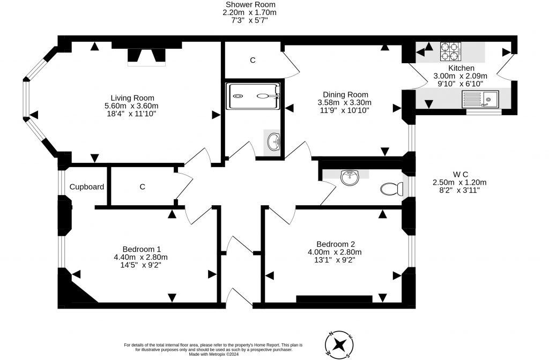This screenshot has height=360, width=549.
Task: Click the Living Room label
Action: [132, 98]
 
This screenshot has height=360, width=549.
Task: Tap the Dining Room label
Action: [345, 94]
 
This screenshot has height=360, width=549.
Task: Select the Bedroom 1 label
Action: [142, 249]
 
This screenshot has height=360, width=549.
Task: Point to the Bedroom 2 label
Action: [335, 244]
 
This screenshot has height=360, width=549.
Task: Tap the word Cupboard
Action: [86, 187]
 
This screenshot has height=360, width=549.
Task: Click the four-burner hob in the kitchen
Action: [450, 51]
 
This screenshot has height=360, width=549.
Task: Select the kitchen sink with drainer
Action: [480, 99]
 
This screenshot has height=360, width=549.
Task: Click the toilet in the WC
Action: [391, 189]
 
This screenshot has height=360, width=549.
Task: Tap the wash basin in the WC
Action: [349, 176]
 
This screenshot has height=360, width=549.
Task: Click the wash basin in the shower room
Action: [273, 142]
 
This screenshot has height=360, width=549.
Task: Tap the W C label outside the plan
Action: [461, 174]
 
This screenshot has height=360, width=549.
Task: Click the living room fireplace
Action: [146, 56]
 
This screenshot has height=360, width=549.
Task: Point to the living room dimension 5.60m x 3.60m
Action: [132, 106]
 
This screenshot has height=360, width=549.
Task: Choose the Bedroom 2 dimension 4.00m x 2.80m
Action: [335, 252]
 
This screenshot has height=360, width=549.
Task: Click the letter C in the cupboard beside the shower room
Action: [253, 61]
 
